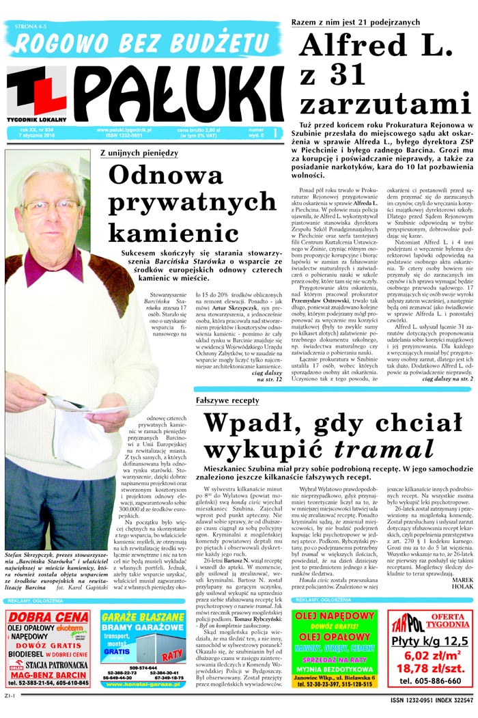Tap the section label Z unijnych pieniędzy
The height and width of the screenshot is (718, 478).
(139, 153)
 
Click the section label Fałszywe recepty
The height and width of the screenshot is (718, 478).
(227, 400)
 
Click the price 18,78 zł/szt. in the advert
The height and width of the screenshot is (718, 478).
(431, 667)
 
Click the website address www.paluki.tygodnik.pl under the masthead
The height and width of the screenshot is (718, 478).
(124, 129)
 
